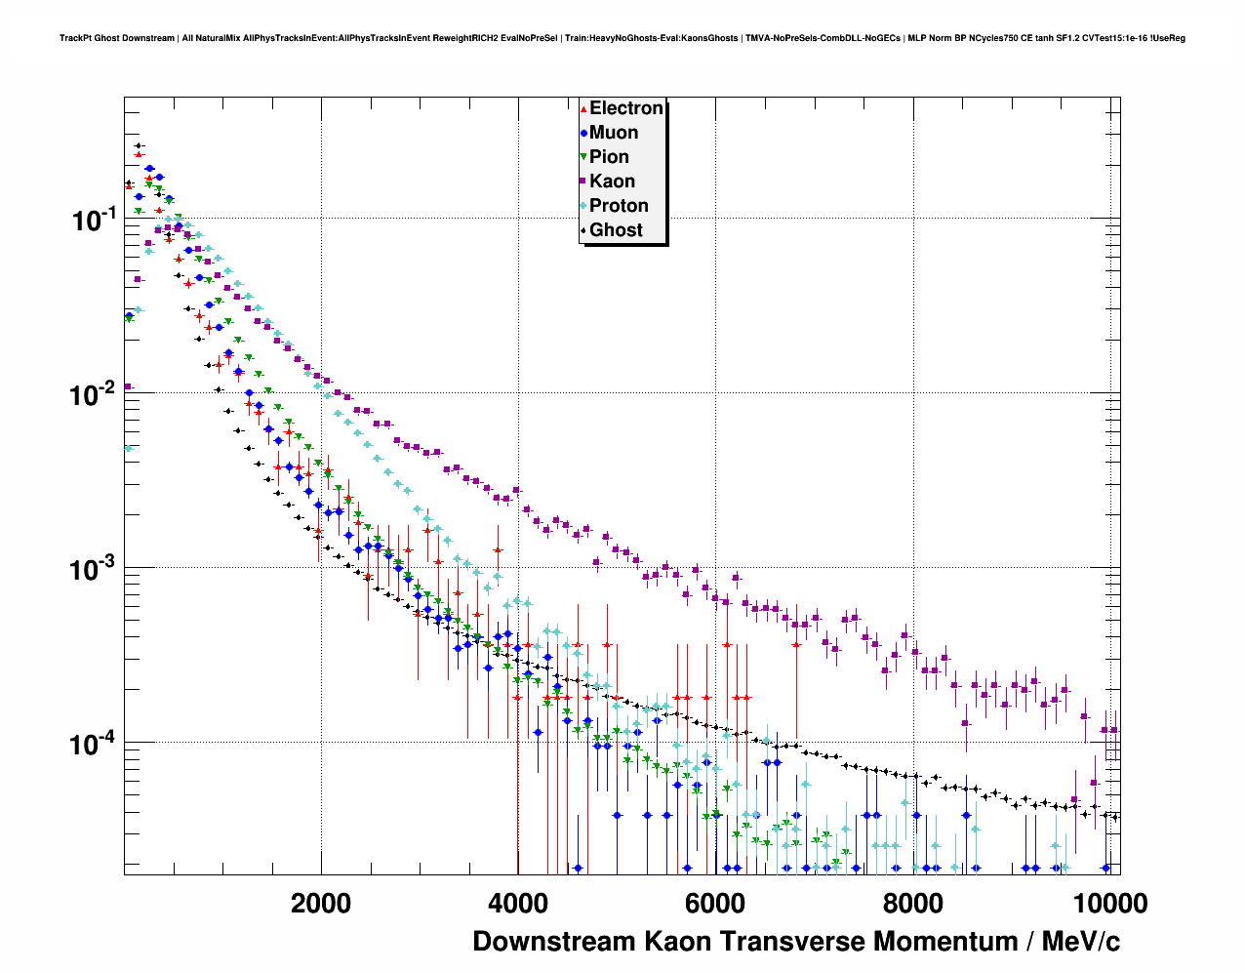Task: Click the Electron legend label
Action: point(626,108)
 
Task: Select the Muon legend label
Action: point(614,133)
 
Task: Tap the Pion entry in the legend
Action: point(609,157)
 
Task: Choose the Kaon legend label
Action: point(612,182)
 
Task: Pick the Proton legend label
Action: point(619,206)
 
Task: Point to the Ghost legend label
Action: point(616,230)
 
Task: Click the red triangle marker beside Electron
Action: point(583,109)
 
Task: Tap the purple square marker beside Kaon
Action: point(583,182)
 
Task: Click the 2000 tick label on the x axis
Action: point(321,903)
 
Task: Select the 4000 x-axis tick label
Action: point(517,903)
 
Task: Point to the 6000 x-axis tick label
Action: point(714,903)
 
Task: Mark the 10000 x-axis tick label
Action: point(1111,903)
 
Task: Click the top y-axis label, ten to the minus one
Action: point(95,220)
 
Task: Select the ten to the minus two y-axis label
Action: point(95,394)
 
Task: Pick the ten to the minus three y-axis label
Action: point(95,569)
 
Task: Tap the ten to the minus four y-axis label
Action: point(95,744)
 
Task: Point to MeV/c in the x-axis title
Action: point(1080,942)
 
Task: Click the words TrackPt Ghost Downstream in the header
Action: point(118,38)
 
